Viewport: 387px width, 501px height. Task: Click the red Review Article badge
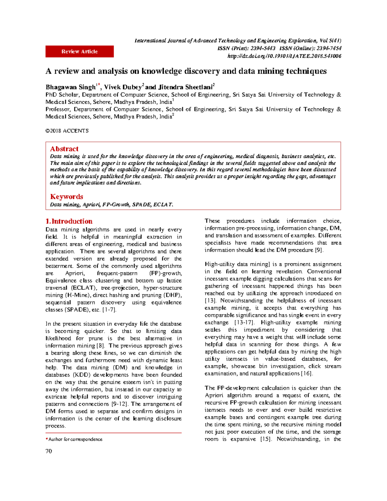click(x=79, y=52)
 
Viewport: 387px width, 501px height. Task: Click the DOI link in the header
click(x=284, y=56)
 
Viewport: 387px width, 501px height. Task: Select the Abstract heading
click(x=64, y=149)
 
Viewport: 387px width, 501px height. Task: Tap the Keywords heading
click(x=66, y=196)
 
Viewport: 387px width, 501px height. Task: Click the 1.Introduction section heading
click(x=69, y=221)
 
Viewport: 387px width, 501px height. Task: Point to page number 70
click(x=49, y=451)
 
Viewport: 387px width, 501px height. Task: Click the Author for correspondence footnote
click(x=75, y=439)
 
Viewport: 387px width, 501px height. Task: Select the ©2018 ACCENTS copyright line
click(x=67, y=131)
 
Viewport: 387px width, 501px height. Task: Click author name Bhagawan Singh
click(x=71, y=87)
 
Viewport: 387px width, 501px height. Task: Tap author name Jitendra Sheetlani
click(x=185, y=87)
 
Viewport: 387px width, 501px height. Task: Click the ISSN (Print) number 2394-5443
click(x=263, y=48)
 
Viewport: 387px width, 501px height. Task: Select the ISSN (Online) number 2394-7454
click(x=329, y=48)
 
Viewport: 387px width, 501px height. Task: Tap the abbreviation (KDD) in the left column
click(x=82, y=375)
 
